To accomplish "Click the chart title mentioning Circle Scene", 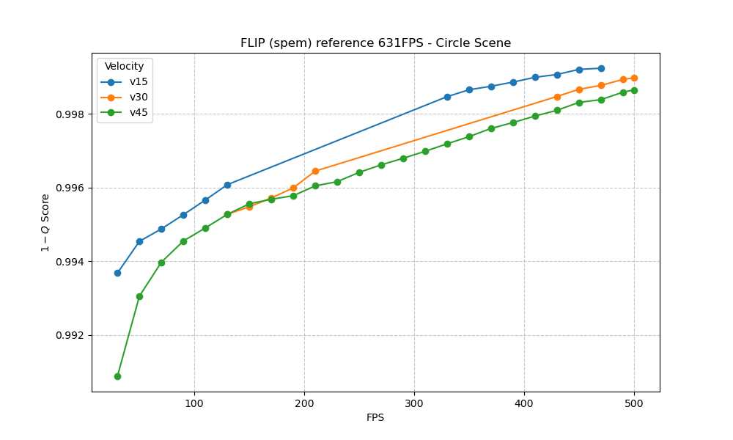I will (x=375, y=43).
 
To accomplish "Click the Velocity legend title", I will (x=124, y=67).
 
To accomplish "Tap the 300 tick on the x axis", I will (x=414, y=403).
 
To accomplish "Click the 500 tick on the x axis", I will (x=634, y=403).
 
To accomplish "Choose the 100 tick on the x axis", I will (x=194, y=403).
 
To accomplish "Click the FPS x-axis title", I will (x=375, y=418).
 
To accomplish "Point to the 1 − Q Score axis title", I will (x=45, y=222).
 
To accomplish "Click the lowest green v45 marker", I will (x=117, y=376).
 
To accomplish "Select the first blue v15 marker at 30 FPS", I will (x=117, y=273).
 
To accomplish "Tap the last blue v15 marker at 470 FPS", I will (x=601, y=68).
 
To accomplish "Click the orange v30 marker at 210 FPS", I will (x=315, y=171).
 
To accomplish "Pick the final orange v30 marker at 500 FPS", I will (x=634, y=78).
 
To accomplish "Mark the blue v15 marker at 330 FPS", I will (x=447, y=97).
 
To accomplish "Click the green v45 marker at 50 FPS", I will (x=139, y=296).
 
